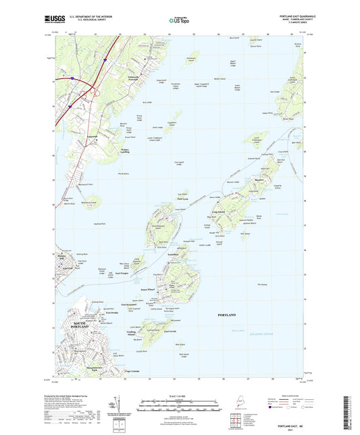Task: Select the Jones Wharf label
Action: pos(157,288)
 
